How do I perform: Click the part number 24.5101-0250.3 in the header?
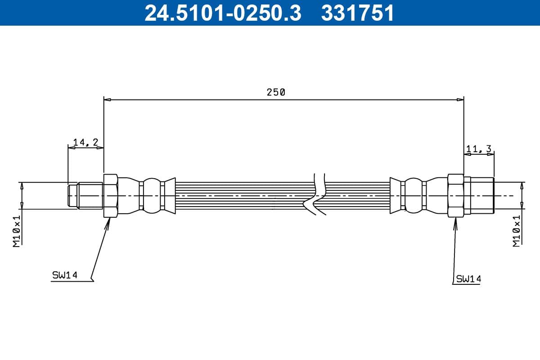coord(222,13)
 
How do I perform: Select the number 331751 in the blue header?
coord(357,13)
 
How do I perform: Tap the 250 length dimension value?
coord(276,92)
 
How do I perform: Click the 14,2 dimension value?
coord(85,142)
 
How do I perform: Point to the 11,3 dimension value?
coord(479,148)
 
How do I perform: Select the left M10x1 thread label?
coord(17,230)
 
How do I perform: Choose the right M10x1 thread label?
coord(516,230)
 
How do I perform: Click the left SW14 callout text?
coord(65,275)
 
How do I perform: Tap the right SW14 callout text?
coord(468,279)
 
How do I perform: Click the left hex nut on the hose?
coord(111,196)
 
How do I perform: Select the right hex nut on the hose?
coord(456,196)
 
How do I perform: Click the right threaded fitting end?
coord(480,196)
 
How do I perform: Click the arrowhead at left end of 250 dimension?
coord(107,99)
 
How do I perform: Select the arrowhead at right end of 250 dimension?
coord(460,99)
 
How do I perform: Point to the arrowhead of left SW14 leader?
coord(108,221)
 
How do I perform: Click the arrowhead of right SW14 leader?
coord(455,221)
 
